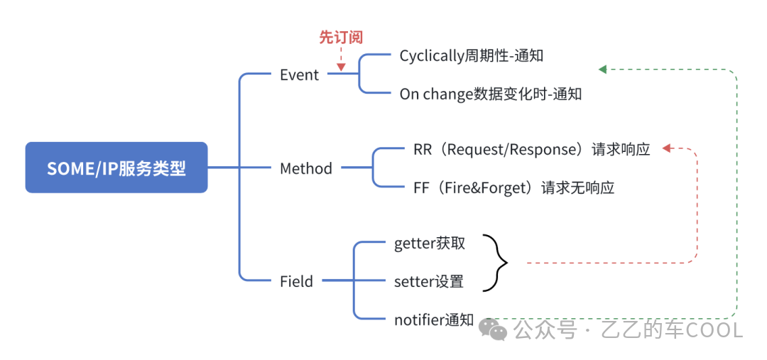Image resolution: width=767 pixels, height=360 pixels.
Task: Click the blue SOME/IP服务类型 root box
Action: (x=116, y=168)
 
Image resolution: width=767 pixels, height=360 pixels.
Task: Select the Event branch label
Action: (x=300, y=75)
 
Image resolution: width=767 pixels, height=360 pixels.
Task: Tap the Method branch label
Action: (x=306, y=169)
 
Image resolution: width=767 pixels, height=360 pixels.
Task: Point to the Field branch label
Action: (x=296, y=281)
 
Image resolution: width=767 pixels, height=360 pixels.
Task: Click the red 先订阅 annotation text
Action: (x=342, y=38)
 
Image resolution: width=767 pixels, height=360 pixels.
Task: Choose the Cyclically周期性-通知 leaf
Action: (x=472, y=56)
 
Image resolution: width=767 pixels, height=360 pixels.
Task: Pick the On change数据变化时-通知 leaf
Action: (x=491, y=94)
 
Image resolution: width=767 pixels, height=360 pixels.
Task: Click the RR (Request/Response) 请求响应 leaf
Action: (x=532, y=150)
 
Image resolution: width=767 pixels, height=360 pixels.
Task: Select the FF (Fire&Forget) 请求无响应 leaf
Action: (x=513, y=187)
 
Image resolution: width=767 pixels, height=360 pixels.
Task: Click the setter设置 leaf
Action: (x=428, y=281)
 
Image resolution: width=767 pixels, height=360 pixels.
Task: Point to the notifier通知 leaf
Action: (x=434, y=320)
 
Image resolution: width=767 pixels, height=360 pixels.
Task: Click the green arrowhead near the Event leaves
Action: (x=603, y=70)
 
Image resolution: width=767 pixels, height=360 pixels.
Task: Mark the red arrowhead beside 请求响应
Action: (x=666, y=148)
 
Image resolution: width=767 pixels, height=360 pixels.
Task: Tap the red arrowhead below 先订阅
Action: (x=341, y=67)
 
